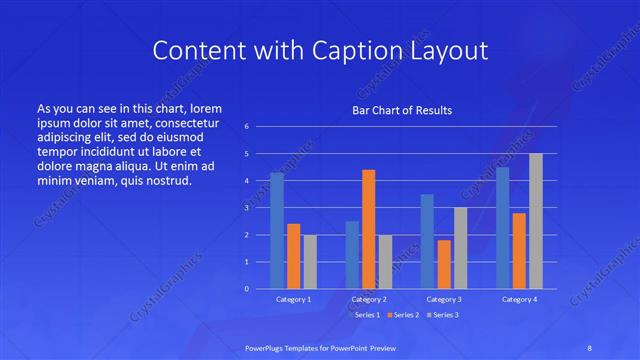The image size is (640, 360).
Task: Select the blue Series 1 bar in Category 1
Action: tap(277, 230)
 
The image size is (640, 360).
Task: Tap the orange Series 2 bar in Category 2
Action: tap(368, 229)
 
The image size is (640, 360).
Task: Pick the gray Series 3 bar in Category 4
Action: tap(536, 221)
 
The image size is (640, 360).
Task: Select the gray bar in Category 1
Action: tap(310, 261)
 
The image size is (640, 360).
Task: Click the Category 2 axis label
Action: tap(368, 299)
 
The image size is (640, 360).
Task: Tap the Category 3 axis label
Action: tap(444, 299)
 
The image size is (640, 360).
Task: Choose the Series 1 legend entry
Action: tap(365, 314)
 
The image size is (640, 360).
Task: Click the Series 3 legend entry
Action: tap(441, 314)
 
